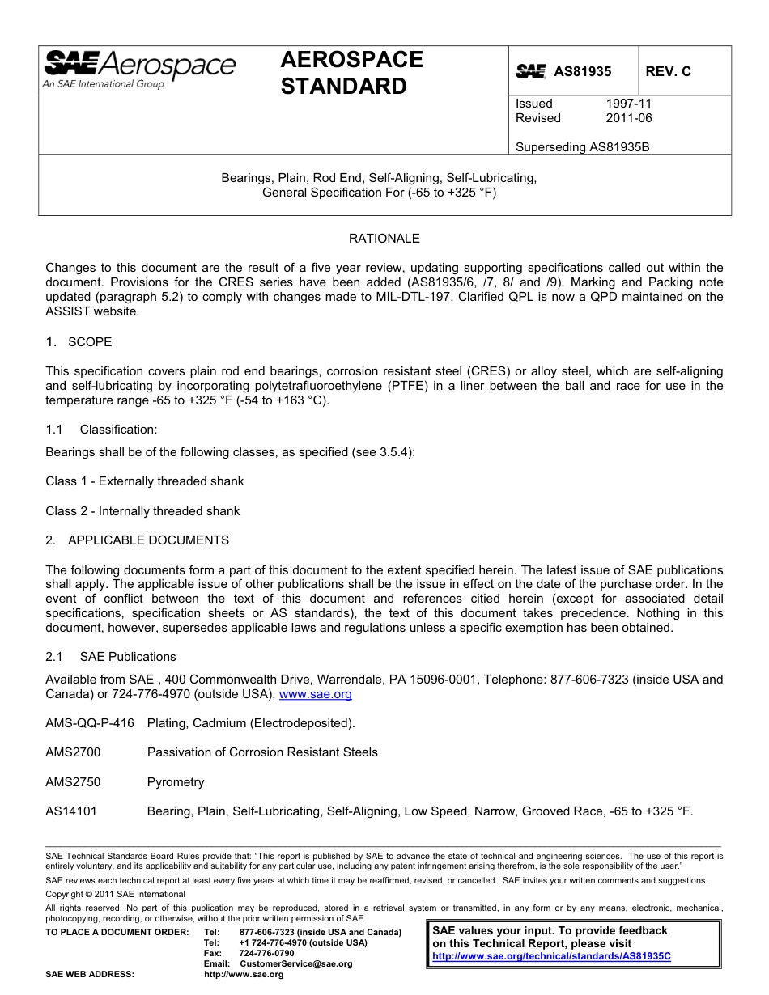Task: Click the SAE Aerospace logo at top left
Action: [x=139, y=70]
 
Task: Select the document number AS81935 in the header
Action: [x=582, y=72]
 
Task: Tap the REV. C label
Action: [x=668, y=72]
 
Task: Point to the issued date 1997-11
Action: [x=628, y=104]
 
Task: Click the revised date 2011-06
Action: [x=628, y=118]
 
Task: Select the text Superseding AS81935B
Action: [x=582, y=147]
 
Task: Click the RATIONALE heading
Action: [x=384, y=239]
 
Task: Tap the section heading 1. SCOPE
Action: [x=79, y=342]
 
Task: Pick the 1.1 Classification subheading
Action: [x=101, y=430]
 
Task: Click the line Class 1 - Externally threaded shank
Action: [x=144, y=481]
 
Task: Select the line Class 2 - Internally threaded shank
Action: [x=142, y=511]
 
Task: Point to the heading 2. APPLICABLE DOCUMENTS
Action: [x=137, y=540]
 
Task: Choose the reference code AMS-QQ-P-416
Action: [x=90, y=723]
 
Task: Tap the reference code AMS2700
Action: [x=73, y=752]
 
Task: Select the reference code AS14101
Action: [x=71, y=811]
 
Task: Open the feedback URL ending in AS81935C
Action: [x=551, y=955]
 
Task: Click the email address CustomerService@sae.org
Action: [x=296, y=963]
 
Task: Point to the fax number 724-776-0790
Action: [x=266, y=953]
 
